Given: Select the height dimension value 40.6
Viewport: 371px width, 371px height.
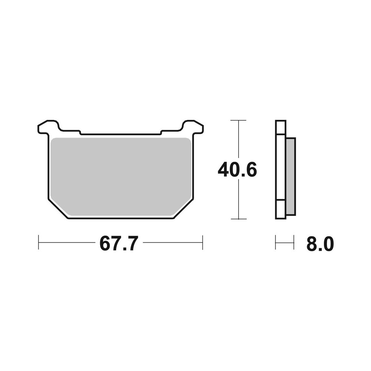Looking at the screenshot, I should point(237,170).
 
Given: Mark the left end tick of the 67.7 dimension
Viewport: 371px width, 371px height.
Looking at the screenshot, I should point(39,242).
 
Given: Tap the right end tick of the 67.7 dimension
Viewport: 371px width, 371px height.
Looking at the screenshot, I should point(202,242).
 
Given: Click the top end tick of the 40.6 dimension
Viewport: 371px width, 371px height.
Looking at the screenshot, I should point(238,121).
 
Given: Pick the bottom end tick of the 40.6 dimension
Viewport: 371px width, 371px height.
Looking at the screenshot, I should point(238,219).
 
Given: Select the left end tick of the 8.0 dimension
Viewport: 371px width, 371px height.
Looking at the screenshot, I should point(276,242).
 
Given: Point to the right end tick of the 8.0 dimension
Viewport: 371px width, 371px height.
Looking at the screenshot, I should point(293,242).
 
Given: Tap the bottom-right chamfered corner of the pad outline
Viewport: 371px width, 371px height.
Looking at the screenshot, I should point(184,210).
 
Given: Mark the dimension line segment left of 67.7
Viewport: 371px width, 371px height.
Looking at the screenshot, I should point(67,242).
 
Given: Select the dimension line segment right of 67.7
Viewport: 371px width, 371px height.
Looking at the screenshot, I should point(173,242).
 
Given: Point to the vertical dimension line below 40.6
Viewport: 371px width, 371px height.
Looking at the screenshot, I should point(238,200).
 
